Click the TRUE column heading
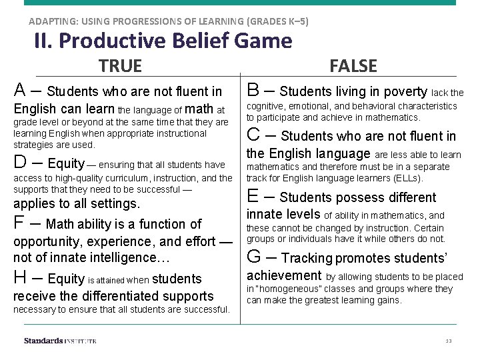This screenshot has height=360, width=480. point(120,66)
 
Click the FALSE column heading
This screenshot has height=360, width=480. point(353,66)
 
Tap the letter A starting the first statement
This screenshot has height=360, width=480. point(21,89)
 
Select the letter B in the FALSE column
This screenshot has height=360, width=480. point(254,89)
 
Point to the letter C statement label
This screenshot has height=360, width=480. point(254,135)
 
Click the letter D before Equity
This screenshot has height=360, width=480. point(21,162)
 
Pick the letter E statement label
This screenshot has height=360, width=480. point(253,196)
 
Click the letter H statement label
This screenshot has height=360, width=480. point(21,277)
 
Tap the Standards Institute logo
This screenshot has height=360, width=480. point(60,341)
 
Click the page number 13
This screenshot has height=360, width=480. point(449,341)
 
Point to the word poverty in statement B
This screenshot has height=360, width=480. point(403,91)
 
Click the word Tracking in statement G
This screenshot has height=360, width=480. point(307,258)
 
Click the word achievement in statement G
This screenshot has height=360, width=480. point(284,275)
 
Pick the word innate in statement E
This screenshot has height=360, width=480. point(266,215)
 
